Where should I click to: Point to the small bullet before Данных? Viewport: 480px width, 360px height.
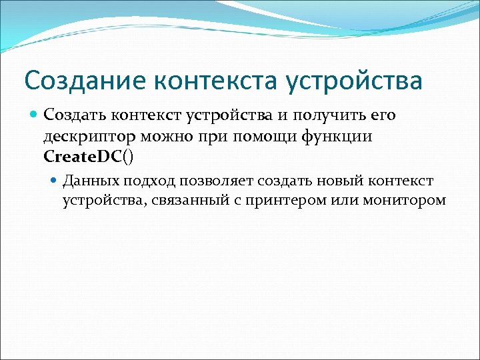(x=55, y=181)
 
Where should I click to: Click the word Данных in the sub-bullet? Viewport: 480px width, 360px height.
(x=91, y=181)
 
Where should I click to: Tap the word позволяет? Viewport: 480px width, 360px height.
(x=212, y=181)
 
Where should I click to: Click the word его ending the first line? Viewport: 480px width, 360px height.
(x=381, y=116)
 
